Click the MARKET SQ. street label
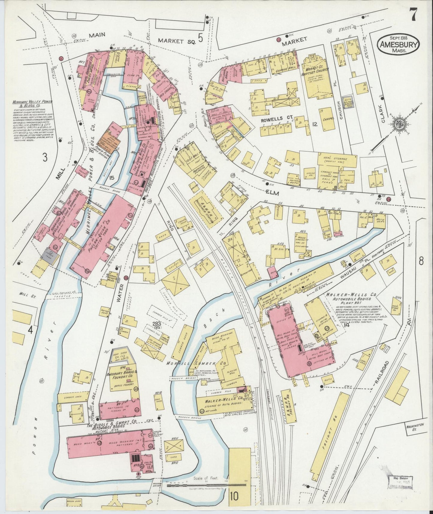pyautogui.click(x=177, y=41)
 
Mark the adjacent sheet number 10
pyautogui.click(x=234, y=496)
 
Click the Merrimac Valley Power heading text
pyautogui.click(x=32, y=104)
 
